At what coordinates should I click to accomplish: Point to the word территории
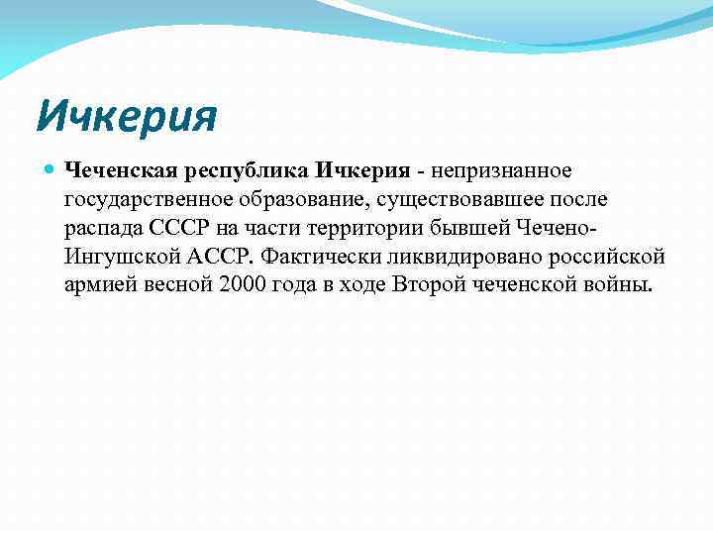click(367, 230)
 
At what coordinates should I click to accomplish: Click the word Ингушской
click(117, 259)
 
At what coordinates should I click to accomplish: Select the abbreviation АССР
click(216, 258)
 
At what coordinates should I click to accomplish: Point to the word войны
click(619, 286)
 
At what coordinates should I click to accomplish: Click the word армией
click(99, 287)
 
